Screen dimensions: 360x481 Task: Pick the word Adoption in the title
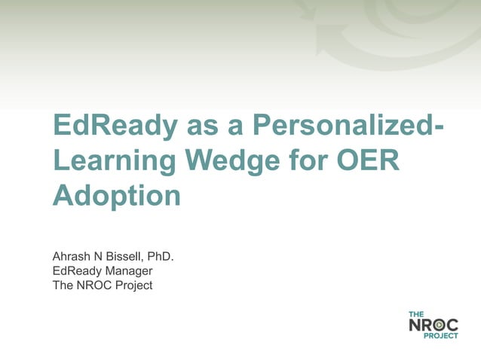click(117, 195)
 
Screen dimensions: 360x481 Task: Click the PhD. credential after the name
click(161, 257)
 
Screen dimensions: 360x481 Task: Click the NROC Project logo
click(434, 325)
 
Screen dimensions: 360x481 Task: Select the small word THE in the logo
click(416, 314)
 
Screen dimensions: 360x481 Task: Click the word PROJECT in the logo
click(444, 336)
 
